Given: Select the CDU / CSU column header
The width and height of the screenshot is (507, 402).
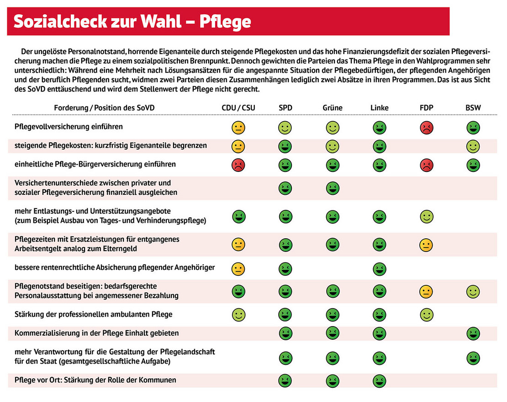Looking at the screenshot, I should pos(238,108).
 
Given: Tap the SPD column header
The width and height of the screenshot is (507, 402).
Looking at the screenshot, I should pos(285,108).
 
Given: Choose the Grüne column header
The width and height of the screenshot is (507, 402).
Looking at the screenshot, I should pos(332,108).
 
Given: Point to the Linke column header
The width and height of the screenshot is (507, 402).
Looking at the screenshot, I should pos(380,108).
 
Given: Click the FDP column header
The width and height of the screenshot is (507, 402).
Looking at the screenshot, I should pos(427,108).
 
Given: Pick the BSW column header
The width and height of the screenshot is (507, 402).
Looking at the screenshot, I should pos(473,108).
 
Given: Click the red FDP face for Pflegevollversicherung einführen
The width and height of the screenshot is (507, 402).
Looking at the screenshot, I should pos(427,128).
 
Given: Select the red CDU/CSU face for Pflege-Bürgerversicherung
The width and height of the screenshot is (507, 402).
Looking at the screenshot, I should pos(238,165).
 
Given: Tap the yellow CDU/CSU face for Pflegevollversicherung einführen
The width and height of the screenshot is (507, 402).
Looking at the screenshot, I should pos(238,128).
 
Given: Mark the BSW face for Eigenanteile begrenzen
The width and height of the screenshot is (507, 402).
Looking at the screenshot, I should pos(473,146).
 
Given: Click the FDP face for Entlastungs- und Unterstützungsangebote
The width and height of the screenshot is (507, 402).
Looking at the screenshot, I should pos(427,216).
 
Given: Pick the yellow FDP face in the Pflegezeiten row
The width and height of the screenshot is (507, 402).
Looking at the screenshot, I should pos(427,245).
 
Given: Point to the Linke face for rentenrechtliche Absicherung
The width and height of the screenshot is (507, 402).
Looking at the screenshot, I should pos(380,268).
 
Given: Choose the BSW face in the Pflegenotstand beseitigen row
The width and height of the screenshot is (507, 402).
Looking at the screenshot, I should pos(473,291).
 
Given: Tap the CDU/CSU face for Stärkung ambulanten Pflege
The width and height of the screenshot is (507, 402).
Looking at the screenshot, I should pos(238,315).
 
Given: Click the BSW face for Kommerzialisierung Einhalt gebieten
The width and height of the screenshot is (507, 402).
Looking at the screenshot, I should pos(473,333).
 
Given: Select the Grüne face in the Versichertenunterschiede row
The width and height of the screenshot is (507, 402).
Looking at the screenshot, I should pos(332,188).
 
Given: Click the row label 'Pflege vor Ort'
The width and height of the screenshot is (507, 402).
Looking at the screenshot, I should pos(95,380).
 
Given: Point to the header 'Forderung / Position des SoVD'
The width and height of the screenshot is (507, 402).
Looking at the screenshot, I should pos(105,108).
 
